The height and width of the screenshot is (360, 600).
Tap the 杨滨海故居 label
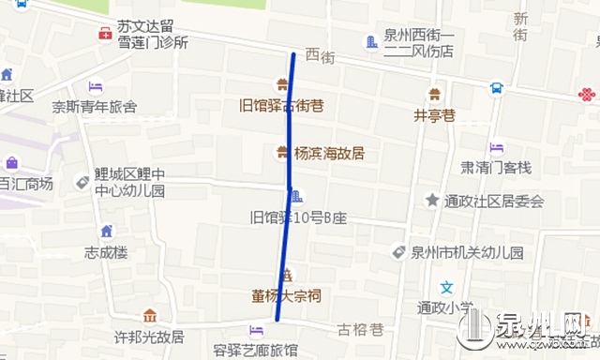pos(329,153)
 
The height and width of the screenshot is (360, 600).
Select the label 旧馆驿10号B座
pos(298,218)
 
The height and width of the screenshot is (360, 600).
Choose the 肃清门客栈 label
pos(496,168)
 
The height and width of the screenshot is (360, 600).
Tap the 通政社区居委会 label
pos(495,201)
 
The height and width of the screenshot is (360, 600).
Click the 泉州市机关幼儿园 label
pos(466,252)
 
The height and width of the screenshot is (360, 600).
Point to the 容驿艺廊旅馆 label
pos(255,351)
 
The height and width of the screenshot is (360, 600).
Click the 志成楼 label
pos(105,252)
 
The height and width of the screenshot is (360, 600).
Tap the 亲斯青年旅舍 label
pos(94,107)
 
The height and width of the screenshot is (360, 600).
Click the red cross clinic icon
pos(105,35)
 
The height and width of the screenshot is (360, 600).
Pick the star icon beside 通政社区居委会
pos(432,200)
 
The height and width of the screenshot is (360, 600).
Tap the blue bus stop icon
pos(496,89)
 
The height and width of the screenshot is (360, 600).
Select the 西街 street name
pos(320,57)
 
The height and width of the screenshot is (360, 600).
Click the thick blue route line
pos(286,187)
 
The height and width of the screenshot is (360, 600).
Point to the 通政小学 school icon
pos(448,288)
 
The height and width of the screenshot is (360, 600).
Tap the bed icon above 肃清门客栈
pos(496,148)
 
